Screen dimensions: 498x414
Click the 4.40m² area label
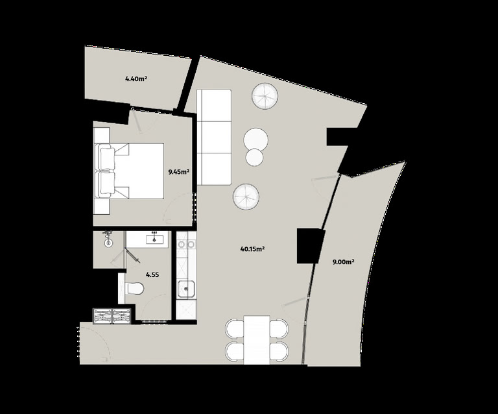coord(136,79)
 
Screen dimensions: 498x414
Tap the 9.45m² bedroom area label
coord(179,172)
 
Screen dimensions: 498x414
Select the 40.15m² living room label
coord(253,249)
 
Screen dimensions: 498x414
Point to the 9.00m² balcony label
coord(343,262)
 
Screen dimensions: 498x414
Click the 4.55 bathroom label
coord(152,275)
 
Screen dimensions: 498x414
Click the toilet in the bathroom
coord(135,289)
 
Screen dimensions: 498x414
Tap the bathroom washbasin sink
coord(155,237)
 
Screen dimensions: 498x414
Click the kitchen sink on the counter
coord(187,289)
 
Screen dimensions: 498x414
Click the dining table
coord(257,340)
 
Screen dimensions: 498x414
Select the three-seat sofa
coord(214,137)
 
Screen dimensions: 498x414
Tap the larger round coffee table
coord(255,140)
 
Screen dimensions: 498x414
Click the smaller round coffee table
coord(254,157)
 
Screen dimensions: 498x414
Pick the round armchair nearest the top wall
coord(265,96)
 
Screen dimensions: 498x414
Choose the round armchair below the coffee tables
coord(246,197)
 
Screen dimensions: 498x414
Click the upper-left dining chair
coord(235,329)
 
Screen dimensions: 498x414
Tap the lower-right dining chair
coord(279,351)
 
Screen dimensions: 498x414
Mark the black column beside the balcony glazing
coord(310,245)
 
